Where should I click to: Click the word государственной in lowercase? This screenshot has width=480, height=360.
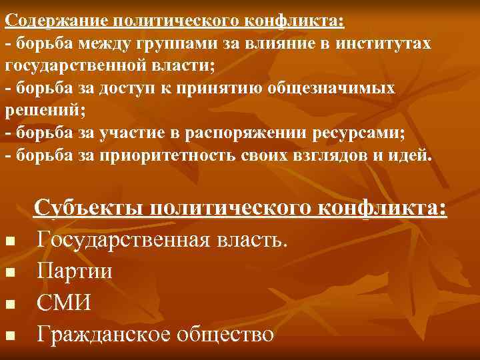pyautogui.click(x=79, y=67)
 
